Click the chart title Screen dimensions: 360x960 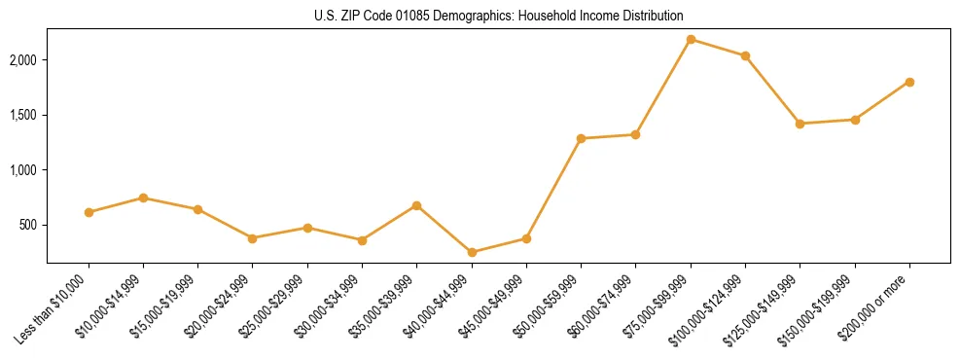[499, 16]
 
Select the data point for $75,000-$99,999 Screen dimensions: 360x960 [691, 39]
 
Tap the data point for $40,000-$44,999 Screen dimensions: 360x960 [472, 252]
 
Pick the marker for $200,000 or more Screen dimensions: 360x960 [909, 82]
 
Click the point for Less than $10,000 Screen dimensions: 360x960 [89, 212]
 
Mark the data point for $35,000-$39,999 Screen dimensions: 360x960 [416, 205]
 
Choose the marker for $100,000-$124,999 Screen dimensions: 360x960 [745, 55]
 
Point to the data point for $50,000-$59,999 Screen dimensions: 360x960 [581, 138]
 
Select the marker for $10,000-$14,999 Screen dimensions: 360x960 [143, 198]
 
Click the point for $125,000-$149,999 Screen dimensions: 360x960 [800, 124]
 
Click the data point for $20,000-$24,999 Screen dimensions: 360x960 [252, 238]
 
